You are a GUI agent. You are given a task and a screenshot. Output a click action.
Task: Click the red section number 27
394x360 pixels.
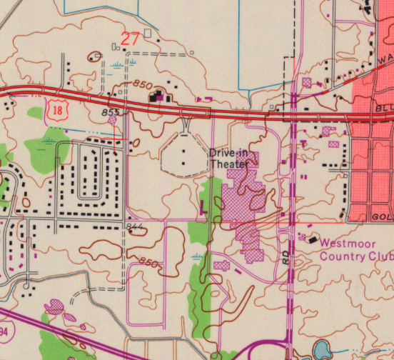click(130, 39)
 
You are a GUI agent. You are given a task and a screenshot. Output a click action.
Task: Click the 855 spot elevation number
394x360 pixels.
click(110, 112)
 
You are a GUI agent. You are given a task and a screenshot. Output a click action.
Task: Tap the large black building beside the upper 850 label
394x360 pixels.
click(156, 96)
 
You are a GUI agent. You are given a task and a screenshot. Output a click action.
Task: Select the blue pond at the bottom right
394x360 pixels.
click(321, 350)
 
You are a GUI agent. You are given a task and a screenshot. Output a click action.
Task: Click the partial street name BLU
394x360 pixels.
click(383, 108)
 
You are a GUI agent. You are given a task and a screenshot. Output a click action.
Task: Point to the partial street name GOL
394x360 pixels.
click(382, 216)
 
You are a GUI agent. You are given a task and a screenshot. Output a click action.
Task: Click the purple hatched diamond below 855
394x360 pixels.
click(113, 121)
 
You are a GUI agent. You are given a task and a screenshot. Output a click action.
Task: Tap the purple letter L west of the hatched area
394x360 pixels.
click(203, 208)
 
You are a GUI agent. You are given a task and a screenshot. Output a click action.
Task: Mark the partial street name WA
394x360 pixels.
click(385, 58)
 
